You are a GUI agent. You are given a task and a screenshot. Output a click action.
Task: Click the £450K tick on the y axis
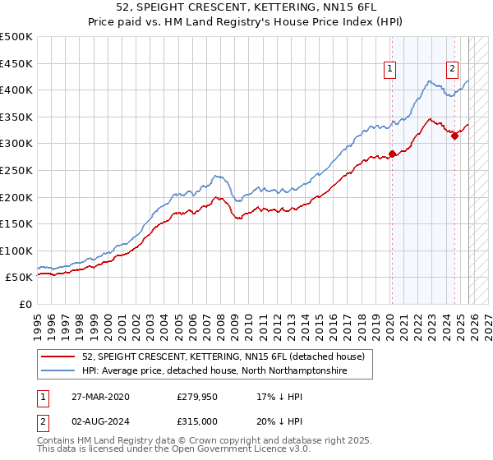[x=16, y=63]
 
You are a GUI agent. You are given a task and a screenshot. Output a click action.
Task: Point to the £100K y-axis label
[x=16, y=251]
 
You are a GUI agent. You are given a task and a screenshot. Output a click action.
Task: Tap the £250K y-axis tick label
[x=16, y=170]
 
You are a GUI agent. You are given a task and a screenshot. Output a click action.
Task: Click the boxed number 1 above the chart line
[x=389, y=70]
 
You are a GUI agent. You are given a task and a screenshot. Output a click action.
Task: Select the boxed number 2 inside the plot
[x=453, y=70]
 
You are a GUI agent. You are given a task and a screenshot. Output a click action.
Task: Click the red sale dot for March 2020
[x=392, y=154]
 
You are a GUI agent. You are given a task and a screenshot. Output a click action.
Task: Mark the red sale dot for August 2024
[x=454, y=136]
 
